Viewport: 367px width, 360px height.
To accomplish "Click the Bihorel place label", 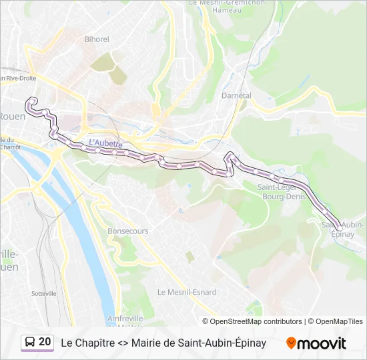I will (97, 39).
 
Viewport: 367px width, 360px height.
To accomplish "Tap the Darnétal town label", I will (236, 95).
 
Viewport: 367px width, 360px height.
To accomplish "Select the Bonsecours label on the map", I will (127, 231).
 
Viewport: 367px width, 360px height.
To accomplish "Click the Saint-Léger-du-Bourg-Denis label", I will (281, 192).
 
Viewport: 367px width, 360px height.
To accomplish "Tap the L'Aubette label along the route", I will (105, 143).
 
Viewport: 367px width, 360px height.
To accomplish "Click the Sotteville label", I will (44, 293).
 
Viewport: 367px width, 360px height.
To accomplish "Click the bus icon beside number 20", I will (30, 342).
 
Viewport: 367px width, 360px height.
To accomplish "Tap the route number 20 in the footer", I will (45, 342).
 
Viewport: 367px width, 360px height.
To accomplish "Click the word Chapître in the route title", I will (95, 343).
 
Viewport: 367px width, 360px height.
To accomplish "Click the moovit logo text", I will (322, 343).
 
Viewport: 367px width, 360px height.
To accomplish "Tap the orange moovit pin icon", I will (291, 343).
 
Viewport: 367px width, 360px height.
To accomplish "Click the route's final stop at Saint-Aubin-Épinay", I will (339, 228).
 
